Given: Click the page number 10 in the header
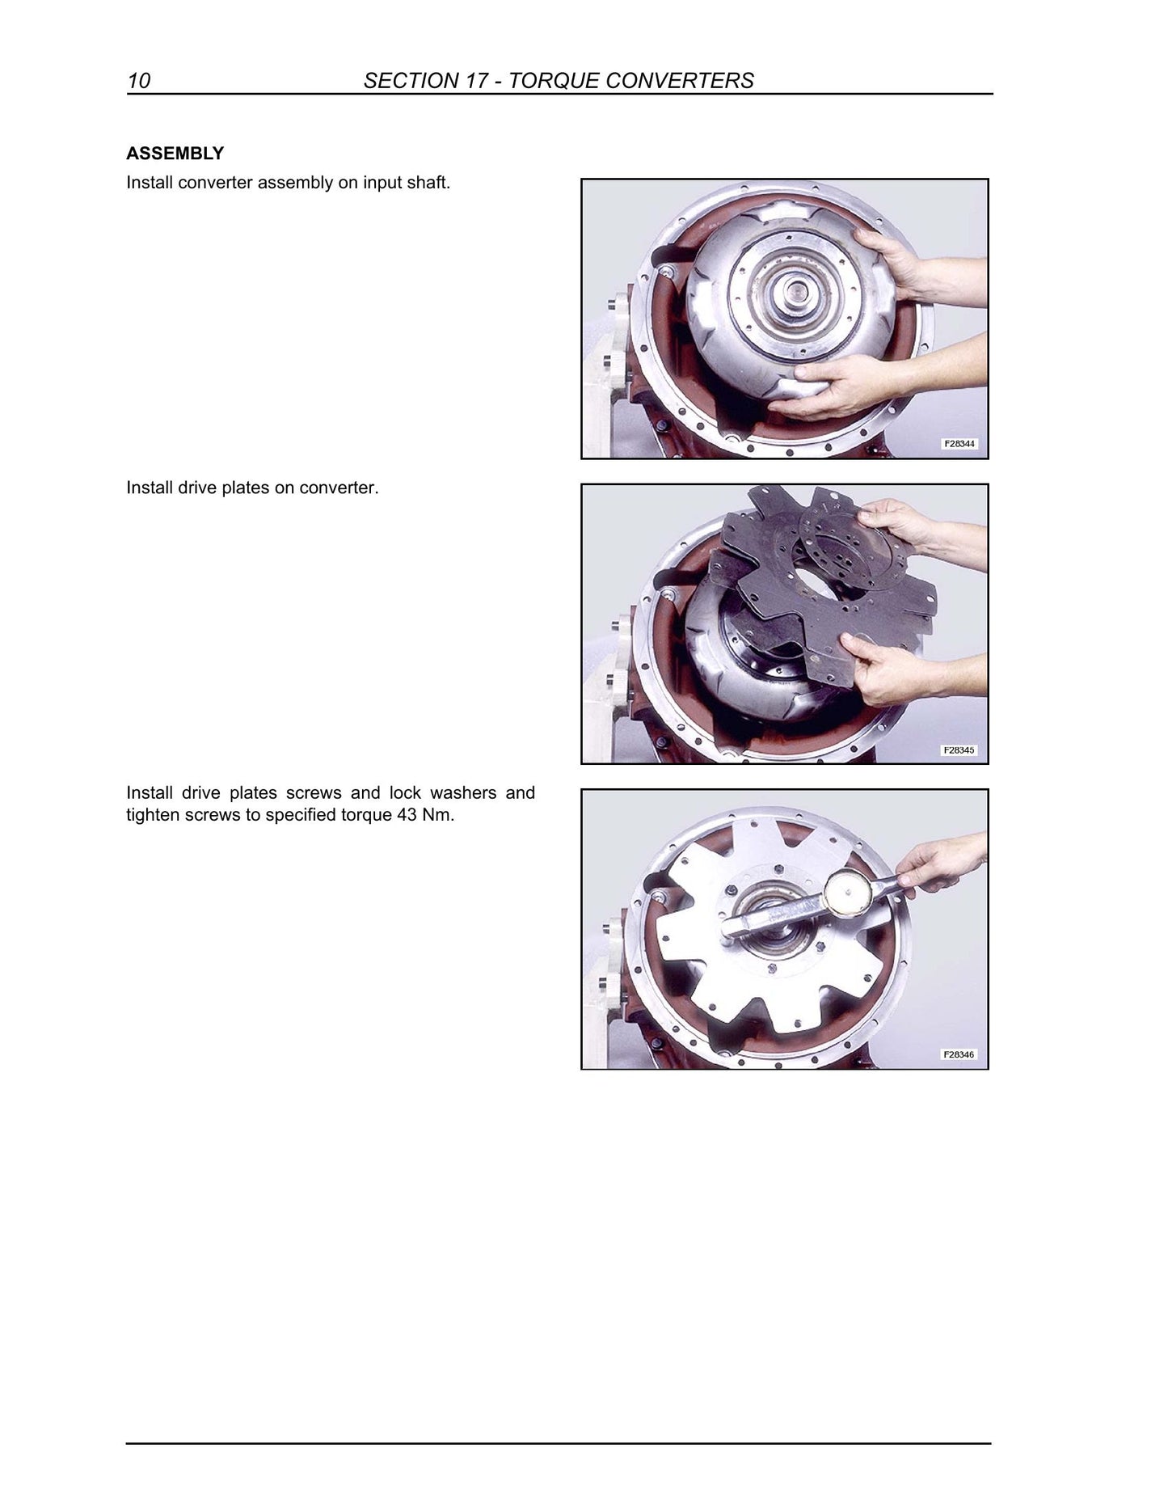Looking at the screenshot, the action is [138, 81].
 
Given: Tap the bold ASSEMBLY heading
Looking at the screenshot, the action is [175, 153].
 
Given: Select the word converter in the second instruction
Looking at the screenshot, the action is [338, 488].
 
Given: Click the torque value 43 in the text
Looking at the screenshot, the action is [407, 815].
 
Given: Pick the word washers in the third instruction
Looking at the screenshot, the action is [463, 793].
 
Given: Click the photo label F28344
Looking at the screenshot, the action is [959, 444].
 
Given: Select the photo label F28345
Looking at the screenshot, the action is [959, 750].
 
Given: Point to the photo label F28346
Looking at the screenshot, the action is [959, 1054].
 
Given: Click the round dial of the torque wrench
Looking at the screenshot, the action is [848, 894].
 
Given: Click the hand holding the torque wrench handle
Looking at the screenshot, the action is [942, 865].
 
